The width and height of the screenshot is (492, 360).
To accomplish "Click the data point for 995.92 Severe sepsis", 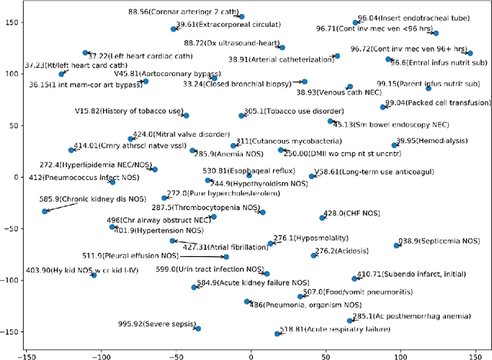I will coord(198,328).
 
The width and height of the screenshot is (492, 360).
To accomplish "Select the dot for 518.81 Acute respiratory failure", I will coord(278,334).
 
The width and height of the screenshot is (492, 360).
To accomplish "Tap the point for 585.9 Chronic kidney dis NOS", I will coord(45,211).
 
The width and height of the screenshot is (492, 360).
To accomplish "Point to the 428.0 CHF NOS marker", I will coord(322,218).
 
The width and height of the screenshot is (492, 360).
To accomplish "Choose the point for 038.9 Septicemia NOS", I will coord(397,245).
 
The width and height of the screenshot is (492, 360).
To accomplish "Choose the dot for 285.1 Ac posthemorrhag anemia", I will coord(350,320).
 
